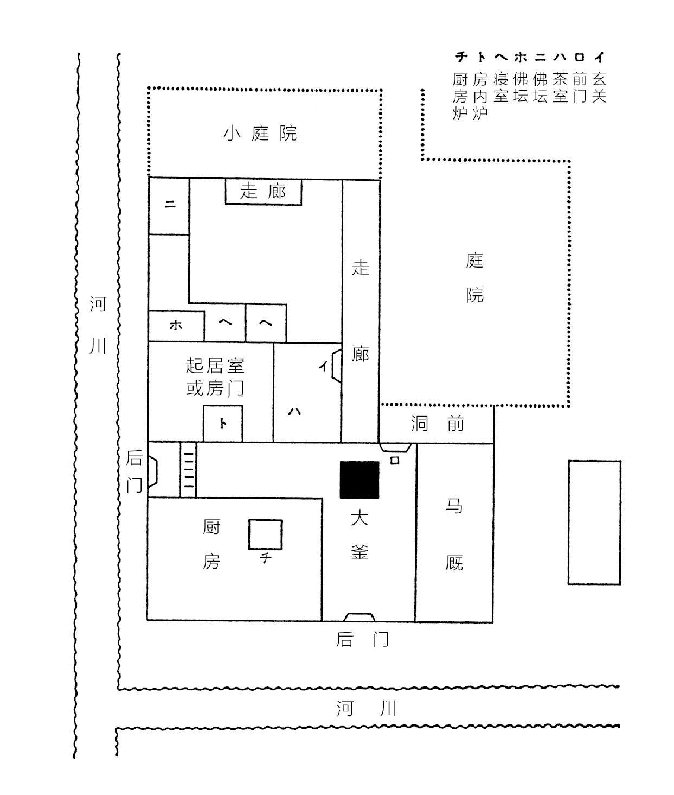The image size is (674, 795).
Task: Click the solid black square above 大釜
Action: (360, 480)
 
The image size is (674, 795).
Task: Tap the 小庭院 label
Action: (260, 133)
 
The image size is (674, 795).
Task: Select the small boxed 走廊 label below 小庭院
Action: (263, 192)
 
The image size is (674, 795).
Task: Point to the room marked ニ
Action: (169, 205)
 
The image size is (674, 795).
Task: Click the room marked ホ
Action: (176, 326)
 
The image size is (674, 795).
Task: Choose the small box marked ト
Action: (223, 423)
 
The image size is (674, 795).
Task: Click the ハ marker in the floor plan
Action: (294, 411)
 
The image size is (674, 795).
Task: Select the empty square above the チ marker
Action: (265, 535)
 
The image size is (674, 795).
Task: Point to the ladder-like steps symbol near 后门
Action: (188, 469)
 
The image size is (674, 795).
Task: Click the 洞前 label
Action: (438, 424)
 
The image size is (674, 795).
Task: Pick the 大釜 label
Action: (360, 535)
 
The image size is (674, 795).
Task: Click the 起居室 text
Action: (215, 365)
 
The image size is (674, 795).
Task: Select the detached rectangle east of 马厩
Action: (594, 522)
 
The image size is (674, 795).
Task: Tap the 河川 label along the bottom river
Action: (367, 708)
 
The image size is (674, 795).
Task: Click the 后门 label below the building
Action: (363, 639)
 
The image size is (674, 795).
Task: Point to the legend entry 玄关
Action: (599, 88)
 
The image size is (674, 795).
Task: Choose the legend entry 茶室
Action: (560, 88)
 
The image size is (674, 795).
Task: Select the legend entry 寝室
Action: (500, 88)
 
